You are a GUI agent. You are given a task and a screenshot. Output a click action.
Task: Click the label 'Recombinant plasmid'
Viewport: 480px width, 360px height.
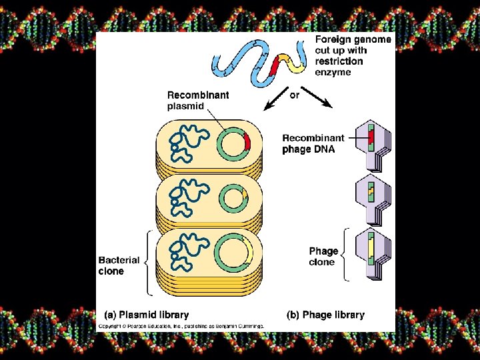click(197, 100)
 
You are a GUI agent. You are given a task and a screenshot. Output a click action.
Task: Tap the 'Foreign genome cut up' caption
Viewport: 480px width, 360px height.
click(353, 55)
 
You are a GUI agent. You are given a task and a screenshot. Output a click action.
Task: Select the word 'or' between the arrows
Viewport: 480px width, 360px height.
click(294, 95)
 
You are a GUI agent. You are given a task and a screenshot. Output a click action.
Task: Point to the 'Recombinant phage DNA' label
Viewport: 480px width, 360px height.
click(313, 143)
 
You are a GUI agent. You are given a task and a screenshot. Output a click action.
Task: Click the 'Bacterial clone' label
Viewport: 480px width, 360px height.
click(119, 265)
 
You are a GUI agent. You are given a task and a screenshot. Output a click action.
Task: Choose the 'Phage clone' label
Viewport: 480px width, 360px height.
click(323, 257)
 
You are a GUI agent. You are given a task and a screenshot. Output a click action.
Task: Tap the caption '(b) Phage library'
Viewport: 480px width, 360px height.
click(325, 315)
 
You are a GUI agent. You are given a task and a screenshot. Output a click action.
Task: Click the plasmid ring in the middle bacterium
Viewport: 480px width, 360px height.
click(234, 199)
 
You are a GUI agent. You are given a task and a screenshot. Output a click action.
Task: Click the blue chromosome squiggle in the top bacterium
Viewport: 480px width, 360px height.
click(183, 143)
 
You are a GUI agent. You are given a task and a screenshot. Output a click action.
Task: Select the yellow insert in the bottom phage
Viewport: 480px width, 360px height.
click(369, 246)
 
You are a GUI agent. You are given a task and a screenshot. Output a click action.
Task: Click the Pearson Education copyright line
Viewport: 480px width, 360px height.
click(182, 326)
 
